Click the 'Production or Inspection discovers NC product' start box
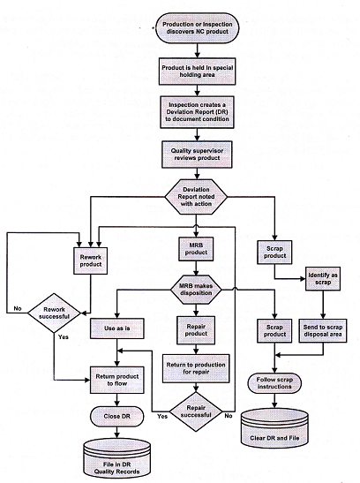click(197, 27)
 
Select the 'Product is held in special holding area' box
click(198, 72)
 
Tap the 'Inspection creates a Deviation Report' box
click(198, 112)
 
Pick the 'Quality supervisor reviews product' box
click(198, 155)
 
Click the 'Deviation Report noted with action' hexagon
click(196, 197)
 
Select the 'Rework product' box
click(91, 260)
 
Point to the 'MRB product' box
click(196, 249)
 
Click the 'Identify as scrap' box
click(323, 278)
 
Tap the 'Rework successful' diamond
click(54, 313)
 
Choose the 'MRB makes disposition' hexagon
click(196, 290)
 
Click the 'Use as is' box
click(117, 328)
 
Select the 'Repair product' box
click(196, 330)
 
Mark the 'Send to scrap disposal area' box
click(323, 330)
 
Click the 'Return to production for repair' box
click(196, 368)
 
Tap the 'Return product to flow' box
click(117, 380)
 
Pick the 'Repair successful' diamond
click(196, 411)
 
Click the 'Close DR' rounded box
click(117, 417)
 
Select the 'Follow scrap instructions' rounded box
click(274, 383)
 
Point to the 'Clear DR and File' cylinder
click(274, 429)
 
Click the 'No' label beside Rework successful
click(18, 308)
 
